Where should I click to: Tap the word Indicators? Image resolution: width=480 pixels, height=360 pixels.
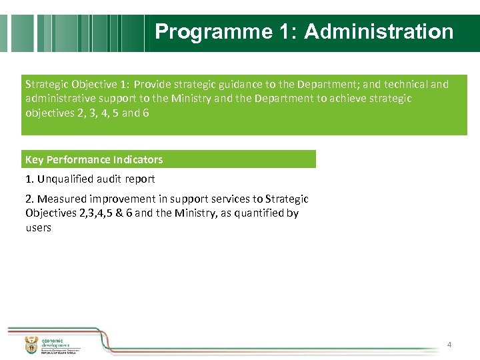click(x=138, y=160)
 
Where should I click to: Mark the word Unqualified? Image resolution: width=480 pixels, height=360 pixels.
click(x=66, y=179)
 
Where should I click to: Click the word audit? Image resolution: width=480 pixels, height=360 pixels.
click(x=109, y=179)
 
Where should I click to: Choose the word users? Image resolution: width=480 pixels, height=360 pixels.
click(x=38, y=228)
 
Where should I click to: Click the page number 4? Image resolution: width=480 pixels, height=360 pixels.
click(x=449, y=345)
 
